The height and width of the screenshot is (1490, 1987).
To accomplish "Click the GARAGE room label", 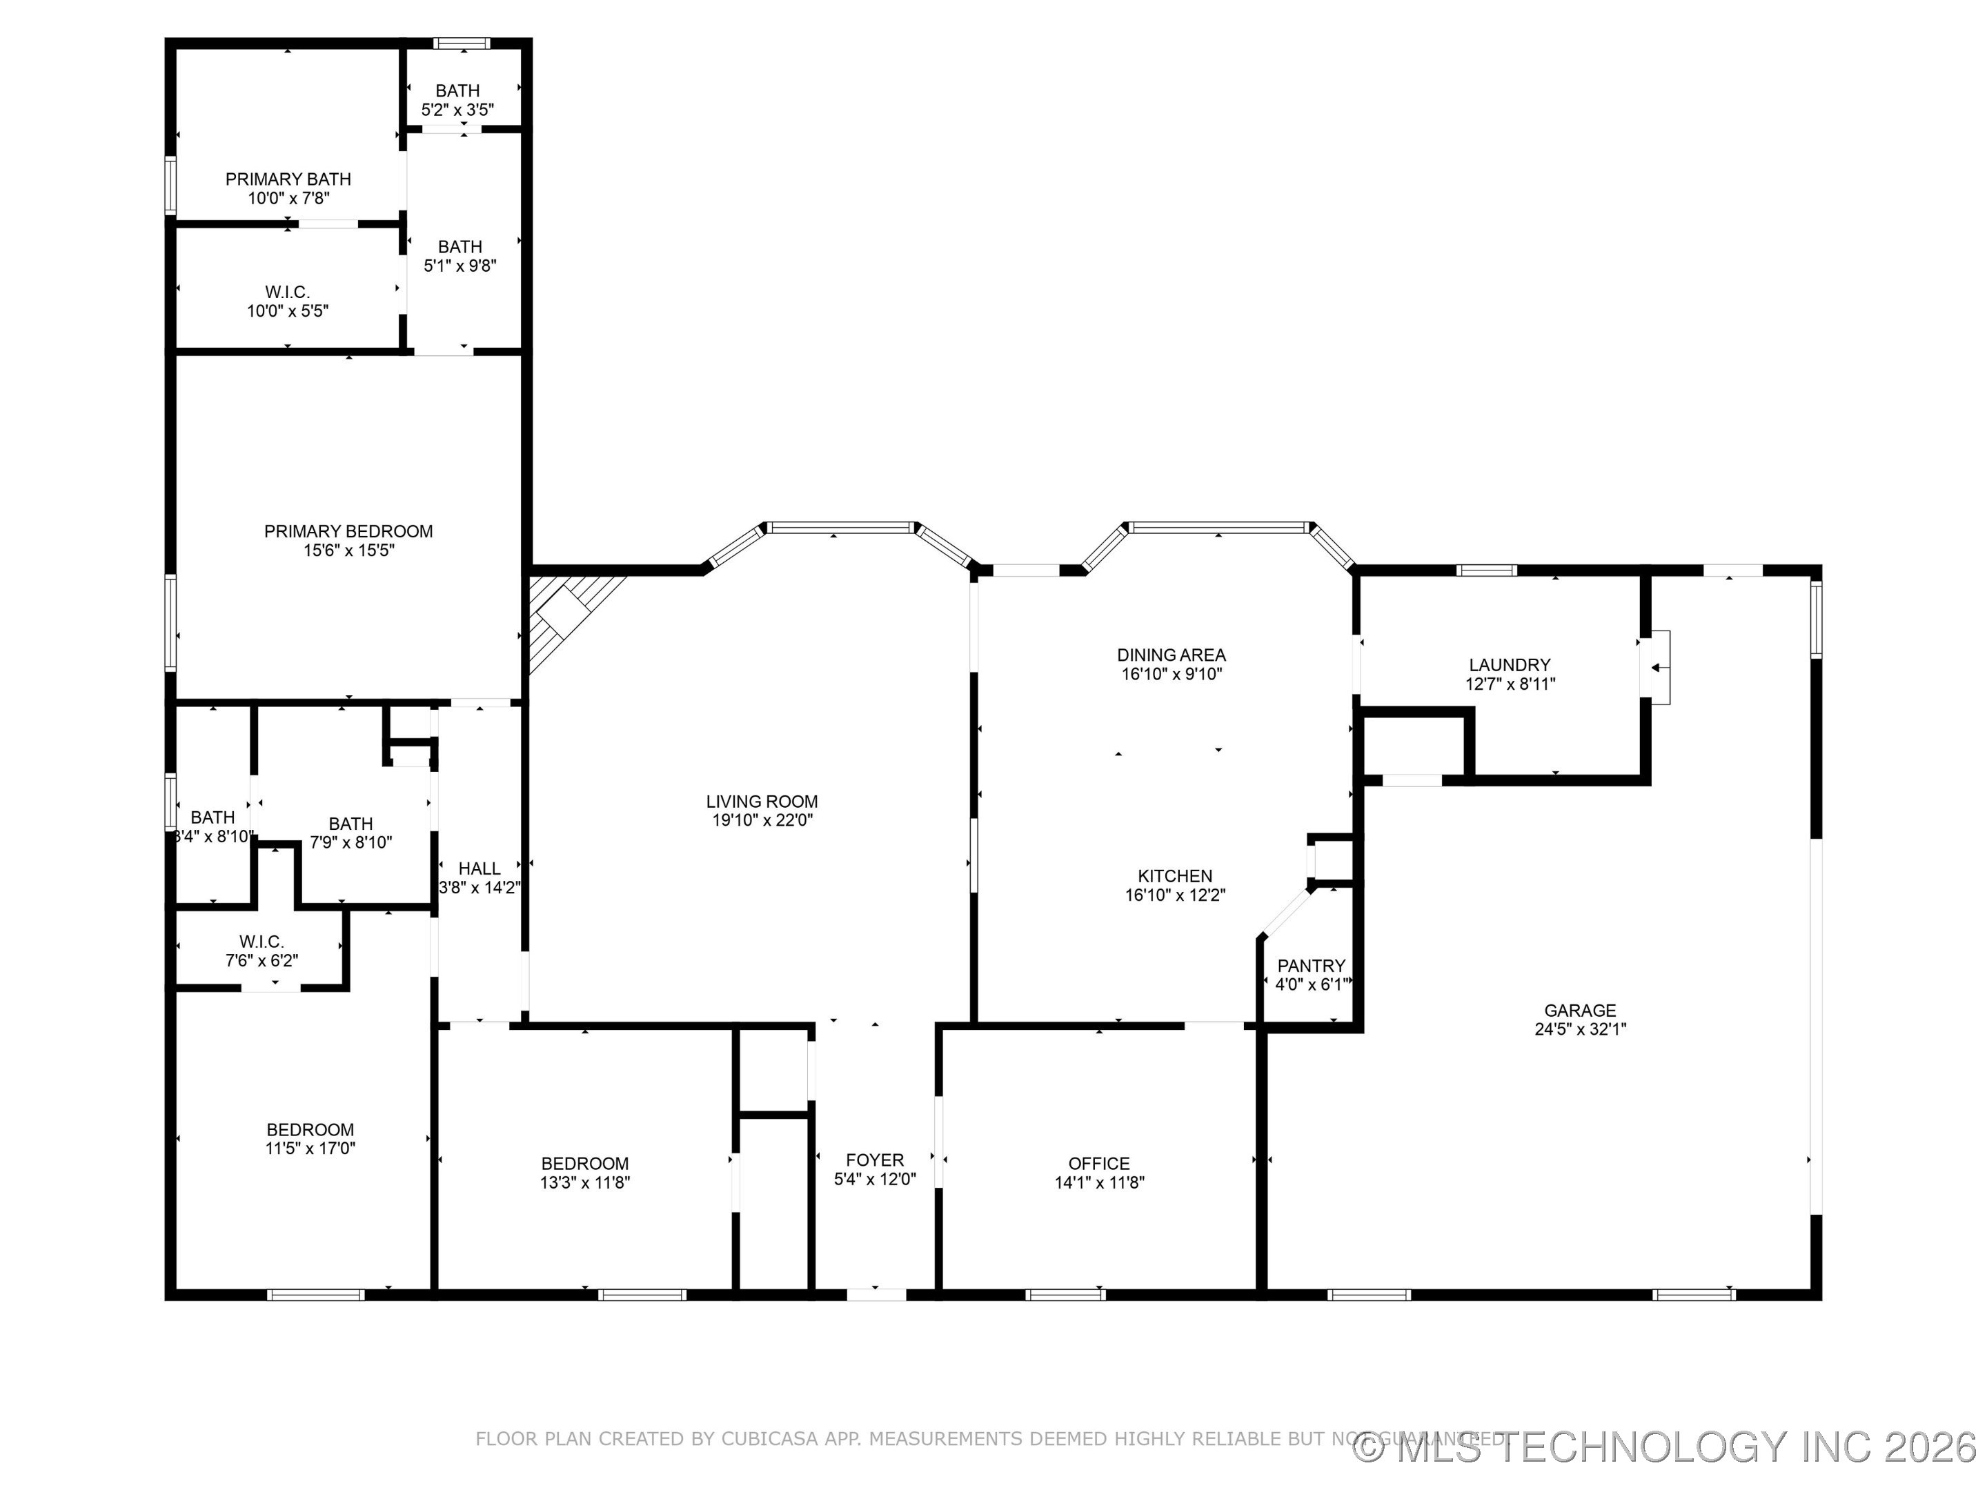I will coord(1580,1011).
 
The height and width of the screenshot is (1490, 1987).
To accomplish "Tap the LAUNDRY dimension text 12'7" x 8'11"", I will coord(1510,684).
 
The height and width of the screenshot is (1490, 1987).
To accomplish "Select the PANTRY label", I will coord(1312,966).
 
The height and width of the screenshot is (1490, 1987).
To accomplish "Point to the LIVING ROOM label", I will coord(762,801).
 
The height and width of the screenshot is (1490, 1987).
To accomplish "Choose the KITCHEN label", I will coord(1175,875).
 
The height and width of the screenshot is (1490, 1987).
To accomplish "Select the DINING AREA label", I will coord(1172,655).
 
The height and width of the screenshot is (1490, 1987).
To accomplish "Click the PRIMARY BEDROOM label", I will coord(348,530).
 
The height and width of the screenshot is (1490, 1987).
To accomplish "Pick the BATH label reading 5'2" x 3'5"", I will coord(457,91).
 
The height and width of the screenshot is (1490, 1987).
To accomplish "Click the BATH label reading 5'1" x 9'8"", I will coord(460,246).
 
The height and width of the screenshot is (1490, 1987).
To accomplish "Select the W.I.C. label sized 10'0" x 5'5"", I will coord(288,292).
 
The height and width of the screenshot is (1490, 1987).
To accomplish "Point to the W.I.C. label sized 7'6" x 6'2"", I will coord(261,941).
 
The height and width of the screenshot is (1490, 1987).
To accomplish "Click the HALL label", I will coord(479,868).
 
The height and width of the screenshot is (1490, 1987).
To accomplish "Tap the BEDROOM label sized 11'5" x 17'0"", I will coord(310,1130).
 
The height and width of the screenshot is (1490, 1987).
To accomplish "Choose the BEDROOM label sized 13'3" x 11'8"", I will coord(585,1164).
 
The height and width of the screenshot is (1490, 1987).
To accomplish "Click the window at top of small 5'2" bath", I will coord(462,43).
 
